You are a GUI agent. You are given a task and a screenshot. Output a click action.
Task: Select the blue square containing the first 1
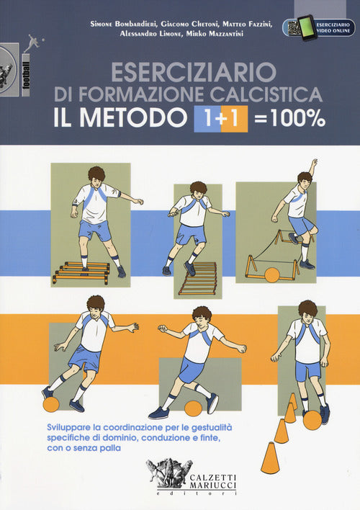click(x=204, y=119)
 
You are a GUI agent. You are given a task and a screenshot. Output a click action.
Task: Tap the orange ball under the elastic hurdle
click(x=271, y=274)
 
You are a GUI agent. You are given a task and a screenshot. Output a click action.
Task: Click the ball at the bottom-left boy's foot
click(x=51, y=404)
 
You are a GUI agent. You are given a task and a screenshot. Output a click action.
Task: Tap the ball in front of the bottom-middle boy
click(x=192, y=408)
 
